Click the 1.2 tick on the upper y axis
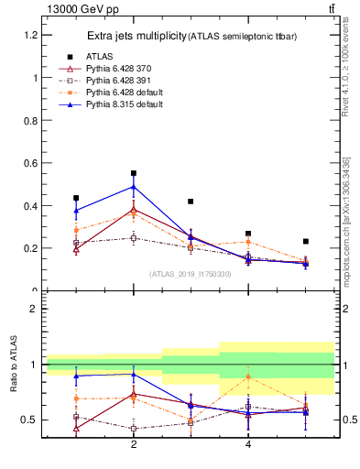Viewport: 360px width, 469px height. (x=29, y=35)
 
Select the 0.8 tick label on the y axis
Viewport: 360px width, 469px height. (x=29, y=120)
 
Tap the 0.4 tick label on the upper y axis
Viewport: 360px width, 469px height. (x=29, y=206)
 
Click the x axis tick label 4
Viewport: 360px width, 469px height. (x=248, y=444)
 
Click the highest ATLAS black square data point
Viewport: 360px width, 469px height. (x=134, y=173)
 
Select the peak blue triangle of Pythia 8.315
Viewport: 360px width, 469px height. (x=134, y=187)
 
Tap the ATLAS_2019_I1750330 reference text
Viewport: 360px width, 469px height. (x=191, y=274)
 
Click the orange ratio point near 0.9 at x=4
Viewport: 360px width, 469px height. (x=248, y=376)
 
